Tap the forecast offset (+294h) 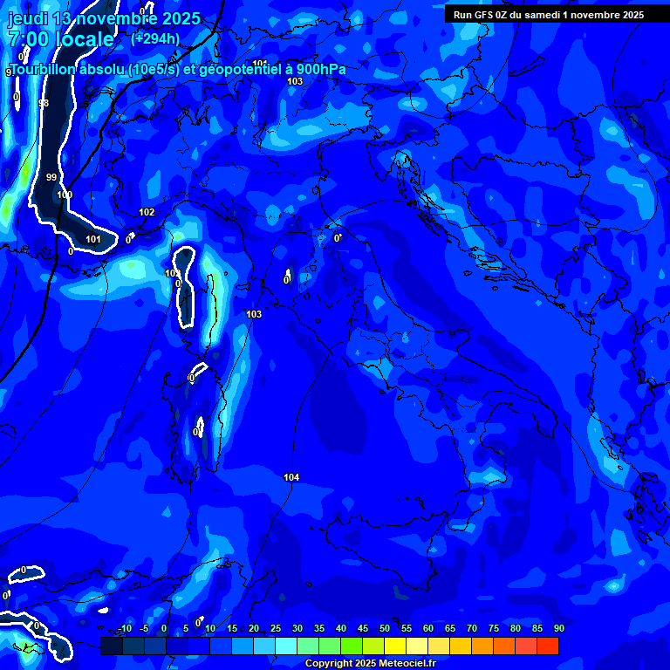(x=155, y=38)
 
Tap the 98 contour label (x=44, y=104)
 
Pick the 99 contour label (x=51, y=177)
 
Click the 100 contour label (x=65, y=195)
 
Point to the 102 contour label (x=147, y=212)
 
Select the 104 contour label (x=291, y=477)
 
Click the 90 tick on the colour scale (x=558, y=628)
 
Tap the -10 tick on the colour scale (x=126, y=628)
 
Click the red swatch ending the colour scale (x=547, y=646)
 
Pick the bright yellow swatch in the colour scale (x=395, y=646)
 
